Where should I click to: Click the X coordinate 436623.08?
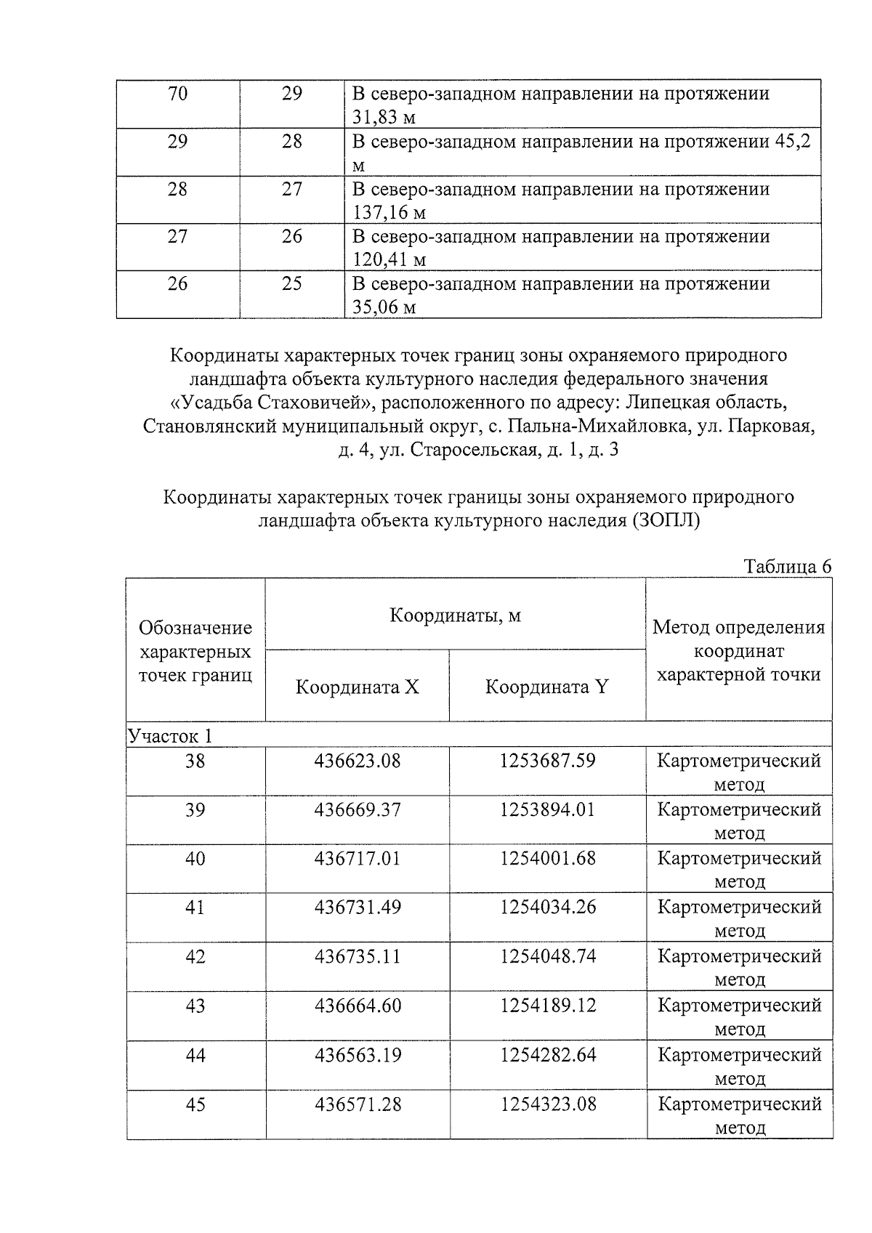[x=357, y=761]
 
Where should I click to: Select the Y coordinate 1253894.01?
[x=547, y=809]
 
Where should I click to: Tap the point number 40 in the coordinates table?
[x=195, y=859]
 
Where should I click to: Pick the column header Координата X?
[x=357, y=687]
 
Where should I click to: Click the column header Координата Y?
[x=546, y=687]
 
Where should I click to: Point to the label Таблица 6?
[x=787, y=567]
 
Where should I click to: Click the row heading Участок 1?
[x=170, y=736]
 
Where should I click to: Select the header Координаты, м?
[x=455, y=615]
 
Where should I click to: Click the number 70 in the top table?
[x=177, y=94]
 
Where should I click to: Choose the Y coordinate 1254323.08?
[x=547, y=1104]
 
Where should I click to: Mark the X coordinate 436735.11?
[x=357, y=956]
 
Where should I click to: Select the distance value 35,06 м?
[x=384, y=307]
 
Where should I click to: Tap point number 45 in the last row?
[x=195, y=1104]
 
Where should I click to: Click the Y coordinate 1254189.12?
[x=547, y=1006]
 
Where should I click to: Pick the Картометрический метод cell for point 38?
[x=739, y=772]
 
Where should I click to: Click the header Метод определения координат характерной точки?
[x=738, y=650]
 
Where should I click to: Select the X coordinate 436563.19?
[x=357, y=1055]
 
